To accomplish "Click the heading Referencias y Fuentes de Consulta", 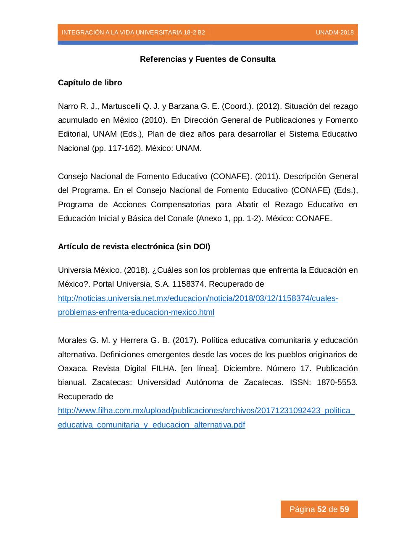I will click(x=208, y=59).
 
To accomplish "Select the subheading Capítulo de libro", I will click(x=90, y=83).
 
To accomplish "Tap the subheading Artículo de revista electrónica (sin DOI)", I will click(x=134, y=247).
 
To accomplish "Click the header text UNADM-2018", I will click(x=334, y=33).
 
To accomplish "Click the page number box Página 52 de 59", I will click(x=319, y=509).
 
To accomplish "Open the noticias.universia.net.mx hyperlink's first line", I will click(x=198, y=298).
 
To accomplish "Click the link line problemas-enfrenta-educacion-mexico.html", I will click(x=136, y=312).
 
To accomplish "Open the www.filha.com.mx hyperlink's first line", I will click(x=206, y=411).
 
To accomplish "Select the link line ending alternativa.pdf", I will click(x=151, y=425).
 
